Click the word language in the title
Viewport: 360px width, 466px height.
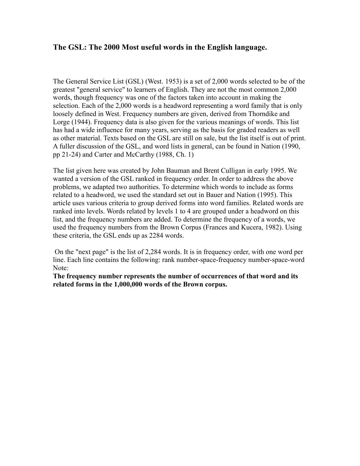[x=250, y=47]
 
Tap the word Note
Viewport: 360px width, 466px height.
[x=60, y=268]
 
